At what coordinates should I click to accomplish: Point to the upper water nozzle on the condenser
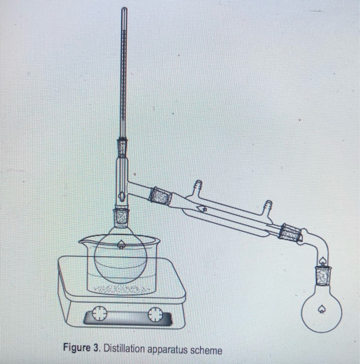(197, 186)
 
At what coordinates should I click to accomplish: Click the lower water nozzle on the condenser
(269, 207)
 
